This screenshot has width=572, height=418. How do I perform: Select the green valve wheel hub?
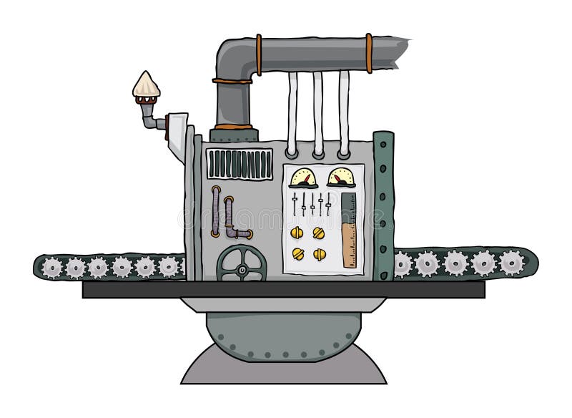242,270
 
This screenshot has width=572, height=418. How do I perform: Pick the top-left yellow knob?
298,232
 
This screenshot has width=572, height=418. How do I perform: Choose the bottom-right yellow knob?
320,253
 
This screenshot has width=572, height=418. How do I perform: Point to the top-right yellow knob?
320,232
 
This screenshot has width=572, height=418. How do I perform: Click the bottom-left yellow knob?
298,253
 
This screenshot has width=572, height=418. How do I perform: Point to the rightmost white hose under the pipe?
344,115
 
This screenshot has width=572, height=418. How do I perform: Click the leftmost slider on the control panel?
295,203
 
